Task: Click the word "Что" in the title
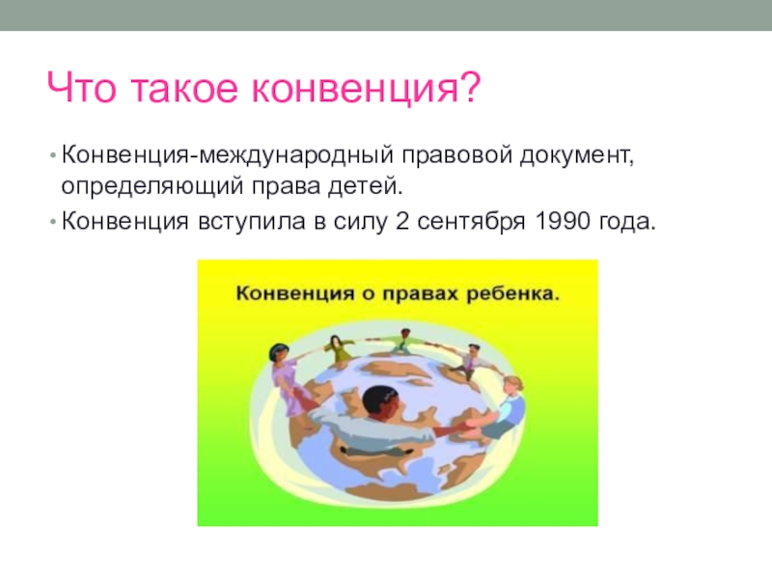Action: coord(82,88)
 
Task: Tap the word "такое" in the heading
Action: coord(184,89)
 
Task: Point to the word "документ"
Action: coord(575,156)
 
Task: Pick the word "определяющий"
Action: coord(152,186)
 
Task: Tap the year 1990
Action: coord(562,221)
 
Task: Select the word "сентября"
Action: coord(471,222)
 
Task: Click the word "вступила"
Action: coord(252,222)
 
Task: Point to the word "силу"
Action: coord(360,222)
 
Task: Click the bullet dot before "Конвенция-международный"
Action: coord(53,155)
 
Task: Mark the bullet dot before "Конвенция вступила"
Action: coord(53,222)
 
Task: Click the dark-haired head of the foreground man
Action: coord(381,402)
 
